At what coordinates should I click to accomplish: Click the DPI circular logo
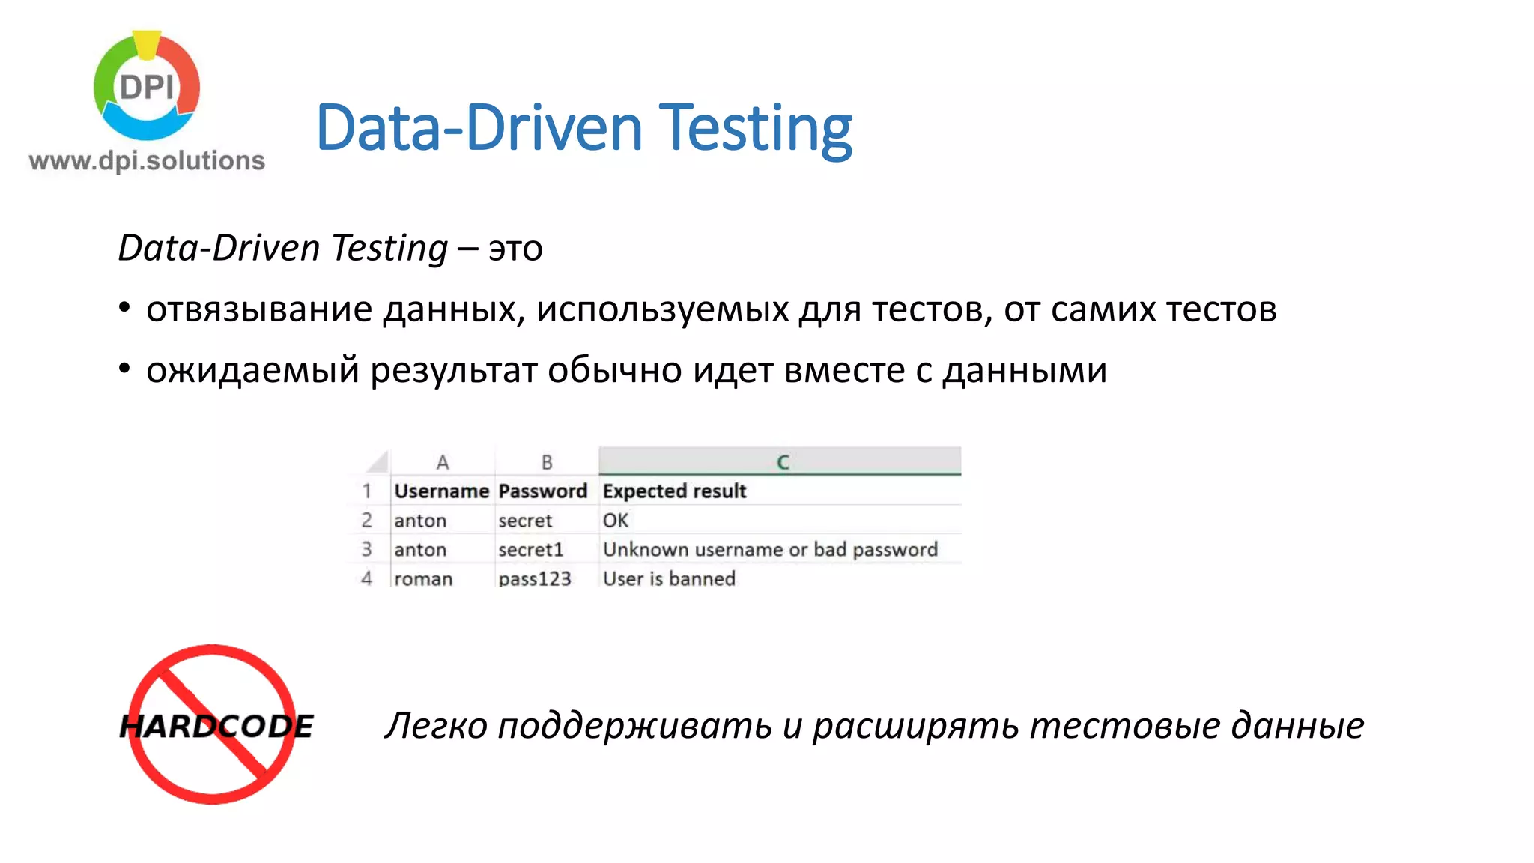(x=147, y=86)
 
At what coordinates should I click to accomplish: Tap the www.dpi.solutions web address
(x=147, y=160)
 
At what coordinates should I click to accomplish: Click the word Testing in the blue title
(x=757, y=128)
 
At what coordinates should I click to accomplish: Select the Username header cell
(x=441, y=491)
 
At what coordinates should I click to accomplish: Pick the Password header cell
(x=543, y=491)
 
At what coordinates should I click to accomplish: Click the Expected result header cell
(x=674, y=491)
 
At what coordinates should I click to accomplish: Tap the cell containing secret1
(x=530, y=550)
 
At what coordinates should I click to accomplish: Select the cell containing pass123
(x=535, y=579)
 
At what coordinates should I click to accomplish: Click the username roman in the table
(x=423, y=579)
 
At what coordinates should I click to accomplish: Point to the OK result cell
(x=616, y=521)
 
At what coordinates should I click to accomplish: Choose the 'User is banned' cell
(x=669, y=579)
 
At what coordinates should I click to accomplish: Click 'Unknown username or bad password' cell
(x=770, y=550)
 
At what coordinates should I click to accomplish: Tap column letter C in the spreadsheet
(x=783, y=462)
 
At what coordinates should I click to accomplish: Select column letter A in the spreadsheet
(x=443, y=462)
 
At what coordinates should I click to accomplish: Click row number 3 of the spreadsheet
(x=366, y=550)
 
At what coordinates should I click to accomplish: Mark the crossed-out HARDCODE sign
(x=214, y=724)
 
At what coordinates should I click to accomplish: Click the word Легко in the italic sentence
(x=436, y=726)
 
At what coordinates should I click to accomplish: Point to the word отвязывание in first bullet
(x=259, y=309)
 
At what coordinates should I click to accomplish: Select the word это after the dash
(x=515, y=249)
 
